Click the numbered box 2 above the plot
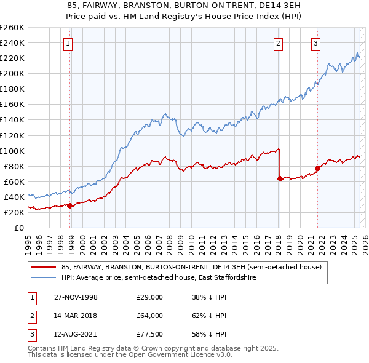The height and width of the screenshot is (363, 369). pos(279,43)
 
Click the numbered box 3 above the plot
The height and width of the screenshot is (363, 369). pos(315,43)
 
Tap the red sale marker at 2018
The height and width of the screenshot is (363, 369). pos(280,178)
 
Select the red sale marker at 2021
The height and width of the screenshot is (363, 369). pos(317,168)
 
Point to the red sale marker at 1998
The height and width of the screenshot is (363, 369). pos(70,205)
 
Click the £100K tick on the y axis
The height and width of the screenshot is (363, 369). pos(12,151)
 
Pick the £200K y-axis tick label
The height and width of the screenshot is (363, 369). pos(12,73)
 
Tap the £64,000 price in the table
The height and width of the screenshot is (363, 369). pos(149,316)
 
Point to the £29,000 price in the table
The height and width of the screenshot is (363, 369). pos(149,297)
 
